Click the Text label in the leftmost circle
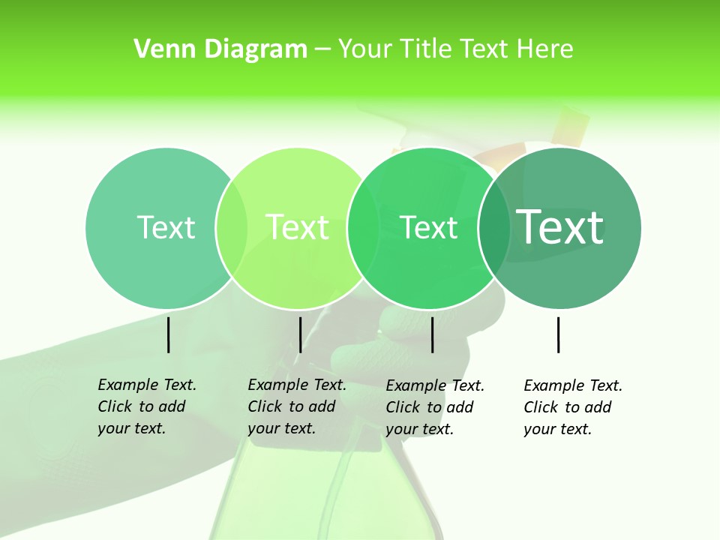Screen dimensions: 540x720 (x=166, y=227)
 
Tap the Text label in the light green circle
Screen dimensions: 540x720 (x=297, y=227)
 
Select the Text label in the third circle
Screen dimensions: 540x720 (x=428, y=227)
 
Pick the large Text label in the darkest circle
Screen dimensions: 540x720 (x=560, y=226)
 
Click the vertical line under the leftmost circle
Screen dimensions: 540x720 (x=168, y=334)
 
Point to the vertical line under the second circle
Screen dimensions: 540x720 (x=300, y=334)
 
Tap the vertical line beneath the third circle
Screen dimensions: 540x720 (x=432, y=334)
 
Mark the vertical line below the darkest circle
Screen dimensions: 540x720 (x=559, y=334)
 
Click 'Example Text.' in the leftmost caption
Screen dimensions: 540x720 (x=147, y=385)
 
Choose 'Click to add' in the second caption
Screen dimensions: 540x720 (x=291, y=406)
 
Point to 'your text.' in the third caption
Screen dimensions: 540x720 (x=419, y=429)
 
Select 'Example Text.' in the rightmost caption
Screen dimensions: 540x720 (x=573, y=385)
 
